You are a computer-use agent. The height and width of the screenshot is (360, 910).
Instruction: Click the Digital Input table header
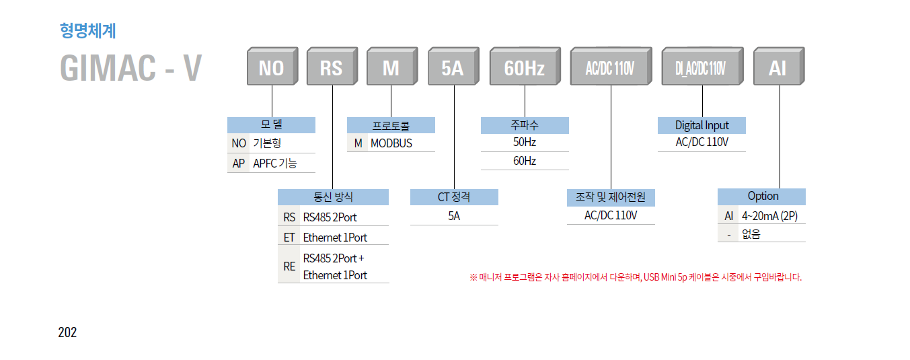[x=702, y=125]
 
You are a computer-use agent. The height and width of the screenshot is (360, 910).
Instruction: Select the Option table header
[x=762, y=196]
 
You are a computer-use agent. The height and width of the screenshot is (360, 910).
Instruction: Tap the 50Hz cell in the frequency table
[x=525, y=143]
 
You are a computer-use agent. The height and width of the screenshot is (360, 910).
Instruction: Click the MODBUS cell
[x=391, y=143]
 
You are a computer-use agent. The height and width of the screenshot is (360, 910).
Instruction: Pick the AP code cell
[x=239, y=163]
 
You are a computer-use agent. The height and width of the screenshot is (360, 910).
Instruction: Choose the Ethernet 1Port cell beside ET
[x=335, y=237]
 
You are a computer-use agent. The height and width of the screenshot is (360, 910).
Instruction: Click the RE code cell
[x=289, y=266]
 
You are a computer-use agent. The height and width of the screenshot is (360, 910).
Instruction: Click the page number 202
[x=67, y=332]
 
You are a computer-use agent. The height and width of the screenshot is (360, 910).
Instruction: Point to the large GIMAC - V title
[x=130, y=68]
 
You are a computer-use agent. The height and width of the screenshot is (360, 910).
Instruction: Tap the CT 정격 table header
[x=454, y=197]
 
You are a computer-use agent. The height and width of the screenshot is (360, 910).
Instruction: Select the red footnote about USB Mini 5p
[x=636, y=277]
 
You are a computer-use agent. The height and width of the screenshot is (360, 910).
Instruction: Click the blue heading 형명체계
[x=87, y=30]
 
